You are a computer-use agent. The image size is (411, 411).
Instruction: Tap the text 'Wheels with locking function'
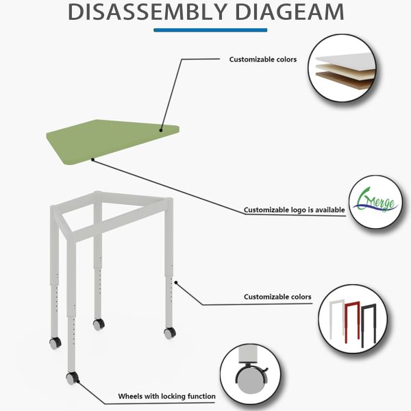pos(166,396)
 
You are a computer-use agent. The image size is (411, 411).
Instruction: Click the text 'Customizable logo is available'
pos(295,210)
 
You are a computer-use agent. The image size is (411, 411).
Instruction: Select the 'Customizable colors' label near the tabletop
pos(262,59)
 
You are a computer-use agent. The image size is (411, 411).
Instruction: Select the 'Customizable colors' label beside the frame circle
pos(277,297)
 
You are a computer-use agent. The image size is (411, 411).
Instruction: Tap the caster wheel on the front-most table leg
pos(71,377)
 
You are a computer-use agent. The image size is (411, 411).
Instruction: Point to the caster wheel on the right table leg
pos(169,333)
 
